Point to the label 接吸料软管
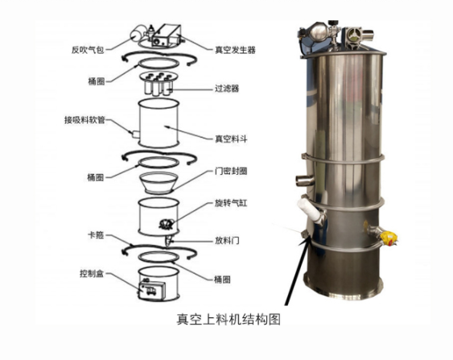(x=88, y=121)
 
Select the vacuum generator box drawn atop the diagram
(x=164, y=35)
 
